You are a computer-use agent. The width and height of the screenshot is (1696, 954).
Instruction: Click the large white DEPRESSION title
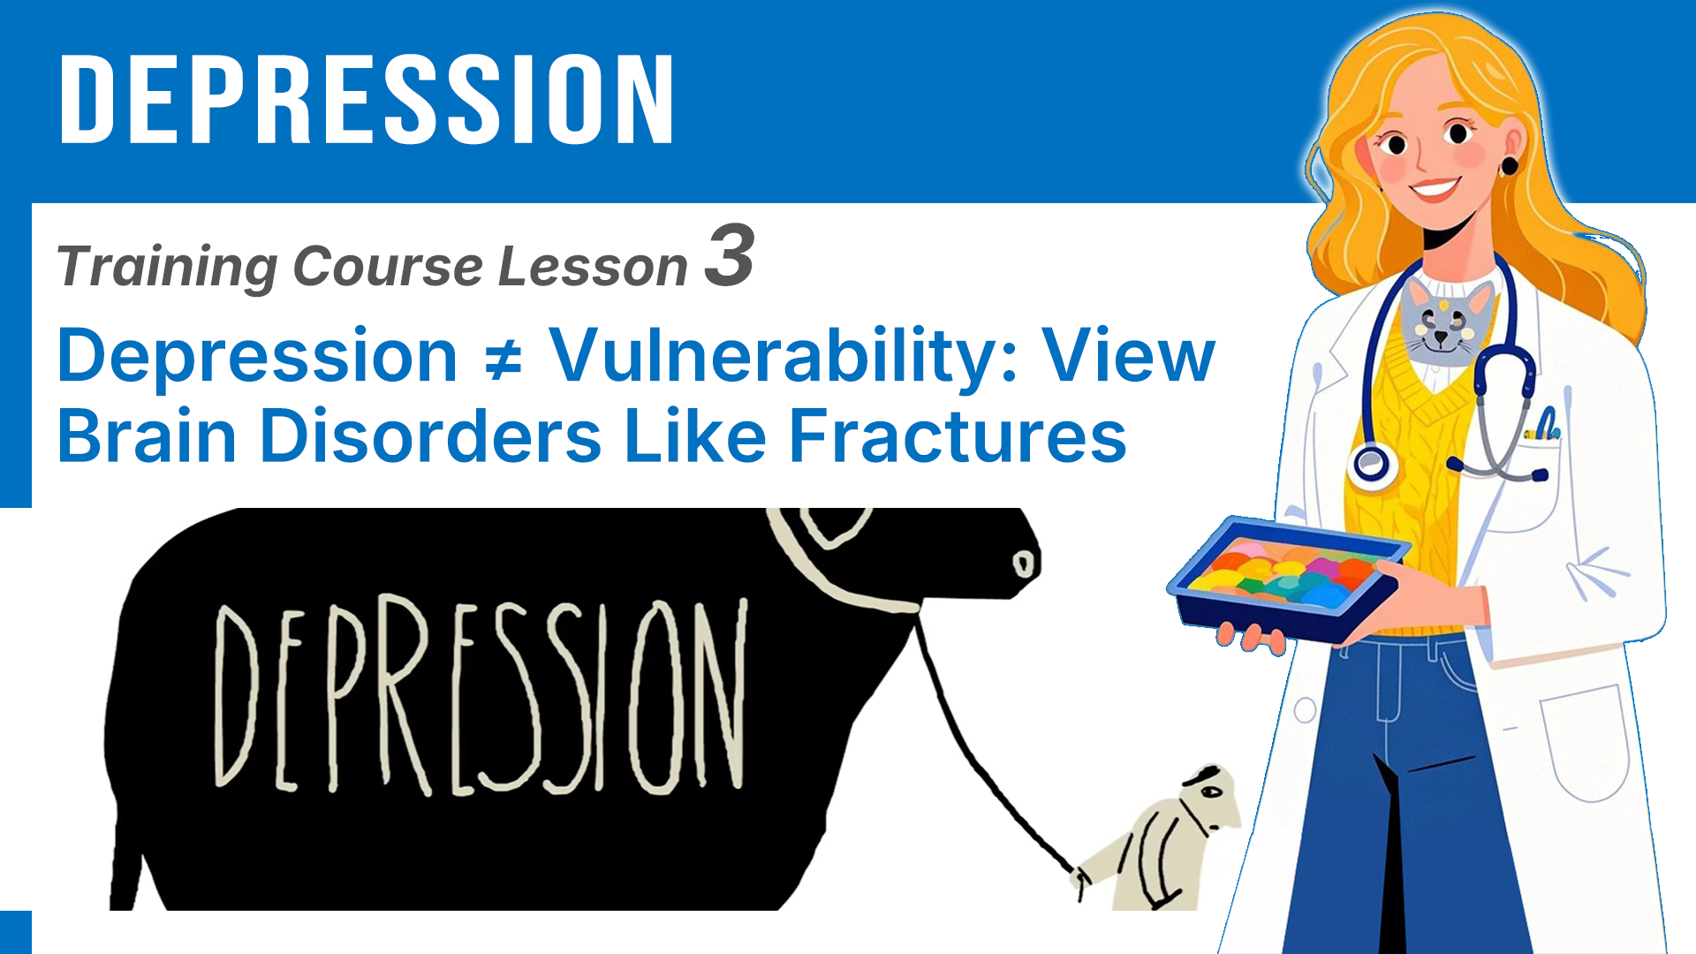(367, 98)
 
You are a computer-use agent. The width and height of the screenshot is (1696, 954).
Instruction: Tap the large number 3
(730, 255)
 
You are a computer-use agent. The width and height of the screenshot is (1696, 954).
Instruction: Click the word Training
(167, 267)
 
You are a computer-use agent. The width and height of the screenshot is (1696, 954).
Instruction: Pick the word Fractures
(958, 435)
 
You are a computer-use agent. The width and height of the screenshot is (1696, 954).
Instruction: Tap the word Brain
(148, 435)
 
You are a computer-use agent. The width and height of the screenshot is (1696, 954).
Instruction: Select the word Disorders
(432, 435)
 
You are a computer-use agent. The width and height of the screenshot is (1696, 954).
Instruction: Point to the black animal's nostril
(1022, 564)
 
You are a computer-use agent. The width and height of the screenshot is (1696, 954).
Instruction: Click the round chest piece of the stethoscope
(1371, 464)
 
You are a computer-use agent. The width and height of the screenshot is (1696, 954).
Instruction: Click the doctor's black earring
(1509, 166)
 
